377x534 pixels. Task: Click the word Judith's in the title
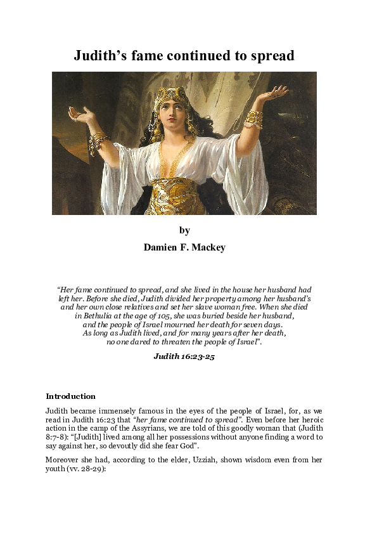coord(102,56)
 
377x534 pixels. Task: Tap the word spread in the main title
coord(270,56)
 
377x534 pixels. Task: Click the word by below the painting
coord(184,230)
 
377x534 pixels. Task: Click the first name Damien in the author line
coord(165,247)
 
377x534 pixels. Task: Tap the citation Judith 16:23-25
coord(184,356)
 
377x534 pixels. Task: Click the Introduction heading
coord(70,396)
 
